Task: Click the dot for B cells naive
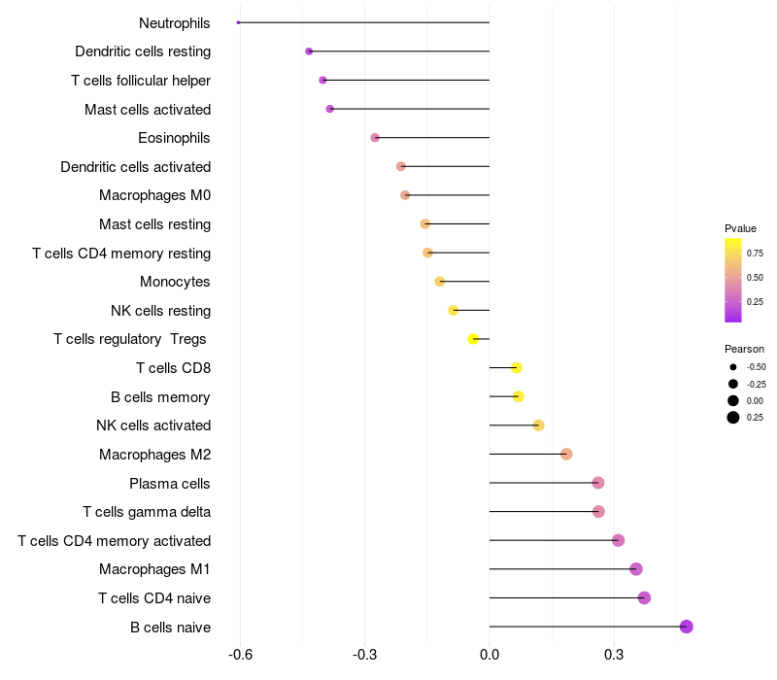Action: pyautogui.click(x=687, y=627)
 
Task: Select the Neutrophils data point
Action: pyautogui.click(x=239, y=22)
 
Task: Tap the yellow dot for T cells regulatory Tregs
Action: pyautogui.click(x=473, y=339)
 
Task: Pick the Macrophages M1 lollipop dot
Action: pyautogui.click(x=636, y=569)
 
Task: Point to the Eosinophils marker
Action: pyautogui.click(x=375, y=138)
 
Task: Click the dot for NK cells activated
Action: pyautogui.click(x=539, y=425)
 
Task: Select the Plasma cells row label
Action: pyautogui.click(x=170, y=483)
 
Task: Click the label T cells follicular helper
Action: pyautogui.click(x=141, y=80)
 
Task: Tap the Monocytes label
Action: pyautogui.click(x=175, y=282)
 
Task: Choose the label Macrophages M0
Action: pyautogui.click(x=154, y=195)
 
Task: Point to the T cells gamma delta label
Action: pyautogui.click(x=147, y=511)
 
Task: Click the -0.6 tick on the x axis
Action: pyautogui.click(x=240, y=656)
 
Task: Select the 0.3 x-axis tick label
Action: pyautogui.click(x=614, y=656)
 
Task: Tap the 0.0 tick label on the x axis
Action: pyautogui.click(x=490, y=656)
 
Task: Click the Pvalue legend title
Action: pyautogui.click(x=740, y=228)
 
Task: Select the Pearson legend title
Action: pyautogui.click(x=744, y=349)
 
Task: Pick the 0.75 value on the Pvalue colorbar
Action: pyautogui.click(x=755, y=253)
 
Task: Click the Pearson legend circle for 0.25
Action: pyautogui.click(x=732, y=418)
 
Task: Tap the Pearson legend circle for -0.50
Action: pyautogui.click(x=732, y=367)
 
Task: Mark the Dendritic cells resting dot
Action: pyautogui.click(x=309, y=51)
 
